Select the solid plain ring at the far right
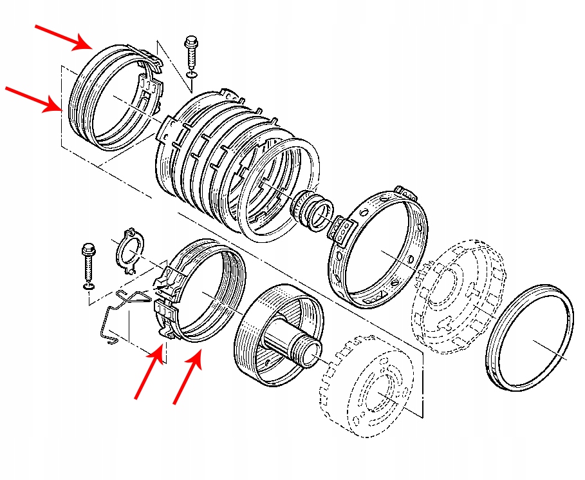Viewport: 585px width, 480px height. [530, 337]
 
